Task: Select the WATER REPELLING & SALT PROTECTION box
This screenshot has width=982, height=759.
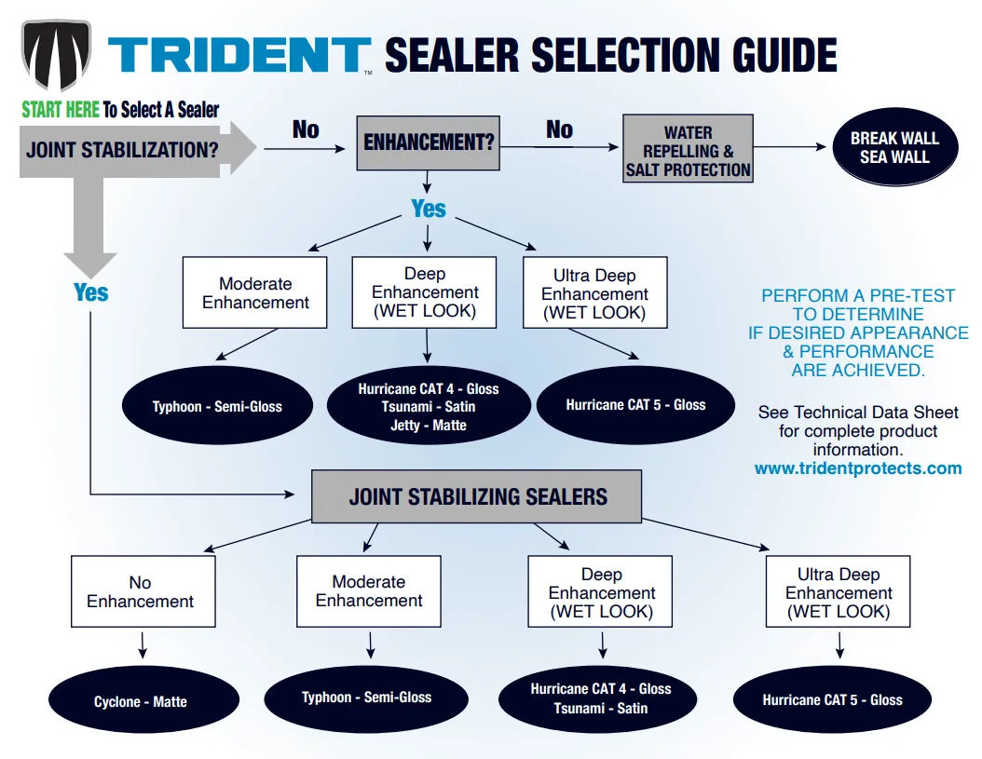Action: tap(688, 149)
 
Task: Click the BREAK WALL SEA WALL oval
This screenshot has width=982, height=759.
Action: tap(894, 148)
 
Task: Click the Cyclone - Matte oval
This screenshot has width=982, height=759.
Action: tap(141, 701)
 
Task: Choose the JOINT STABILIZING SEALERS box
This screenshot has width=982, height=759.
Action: tap(477, 495)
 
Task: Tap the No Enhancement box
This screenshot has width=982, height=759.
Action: tap(143, 591)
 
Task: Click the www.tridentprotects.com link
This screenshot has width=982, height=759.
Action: tap(857, 468)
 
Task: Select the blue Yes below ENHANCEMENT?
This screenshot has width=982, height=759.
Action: tap(429, 209)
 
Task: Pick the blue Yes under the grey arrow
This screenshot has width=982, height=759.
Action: tap(91, 292)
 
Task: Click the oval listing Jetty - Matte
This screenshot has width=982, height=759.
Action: tap(429, 406)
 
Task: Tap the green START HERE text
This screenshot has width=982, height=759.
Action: tap(61, 109)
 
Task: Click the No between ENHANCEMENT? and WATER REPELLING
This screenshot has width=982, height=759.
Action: tap(559, 129)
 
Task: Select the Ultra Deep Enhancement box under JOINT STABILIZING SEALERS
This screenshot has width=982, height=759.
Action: tap(838, 592)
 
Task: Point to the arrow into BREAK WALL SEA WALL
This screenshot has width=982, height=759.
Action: tap(791, 147)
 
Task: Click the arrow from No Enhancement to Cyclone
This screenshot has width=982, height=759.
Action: tap(143, 645)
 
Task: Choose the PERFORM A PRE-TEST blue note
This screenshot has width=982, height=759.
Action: tap(858, 332)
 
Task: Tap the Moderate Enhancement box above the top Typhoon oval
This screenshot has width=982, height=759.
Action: tap(255, 292)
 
